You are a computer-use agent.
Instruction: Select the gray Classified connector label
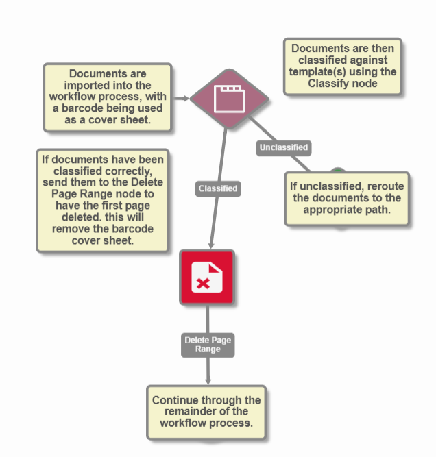pyautogui.click(x=218, y=188)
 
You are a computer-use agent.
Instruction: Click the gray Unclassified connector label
pyautogui.click(x=283, y=147)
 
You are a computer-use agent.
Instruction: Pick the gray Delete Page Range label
pyautogui.click(x=208, y=345)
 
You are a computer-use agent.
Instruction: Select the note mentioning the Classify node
pyautogui.click(x=342, y=66)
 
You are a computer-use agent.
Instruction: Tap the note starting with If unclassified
pyautogui.click(x=346, y=198)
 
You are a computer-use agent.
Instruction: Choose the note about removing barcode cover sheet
pyautogui.click(x=102, y=201)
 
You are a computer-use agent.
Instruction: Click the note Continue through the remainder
pyautogui.click(x=206, y=412)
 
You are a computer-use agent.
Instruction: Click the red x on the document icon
pyautogui.click(x=202, y=284)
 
